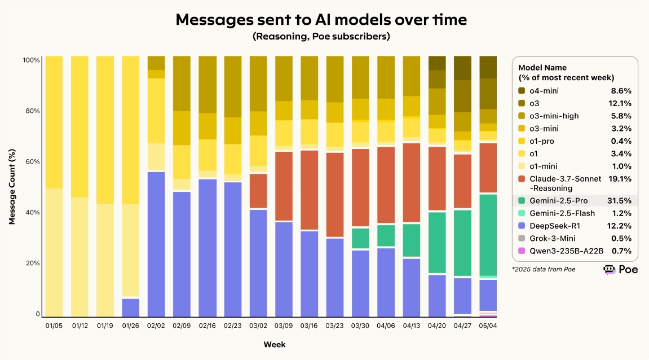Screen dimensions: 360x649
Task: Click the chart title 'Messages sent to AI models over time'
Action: pyautogui.click(x=321, y=19)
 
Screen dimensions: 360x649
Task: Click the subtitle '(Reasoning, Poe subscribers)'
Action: pyautogui.click(x=321, y=37)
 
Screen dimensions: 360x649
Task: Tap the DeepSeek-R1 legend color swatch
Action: pyautogui.click(x=522, y=226)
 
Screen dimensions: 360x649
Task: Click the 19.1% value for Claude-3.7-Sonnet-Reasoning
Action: pyautogui.click(x=620, y=179)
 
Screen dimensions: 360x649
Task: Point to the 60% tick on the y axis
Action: pyautogui.click(x=32, y=162)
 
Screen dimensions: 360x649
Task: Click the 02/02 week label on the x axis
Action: pyautogui.click(x=156, y=326)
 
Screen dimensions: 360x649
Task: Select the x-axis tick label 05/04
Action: pyautogui.click(x=488, y=326)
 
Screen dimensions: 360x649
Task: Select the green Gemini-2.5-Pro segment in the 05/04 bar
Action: pyautogui.click(x=488, y=234)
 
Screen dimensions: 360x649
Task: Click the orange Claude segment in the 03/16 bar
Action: pyautogui.click(x=309, y=190)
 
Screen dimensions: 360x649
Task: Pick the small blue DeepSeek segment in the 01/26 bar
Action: pyautogui.click(x=131, y=308)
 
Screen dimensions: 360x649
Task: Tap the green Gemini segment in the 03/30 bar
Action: pyautogui.click(x=360, y=238)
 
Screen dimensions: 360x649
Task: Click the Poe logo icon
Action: pyautogui.click(x=610, y=270)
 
